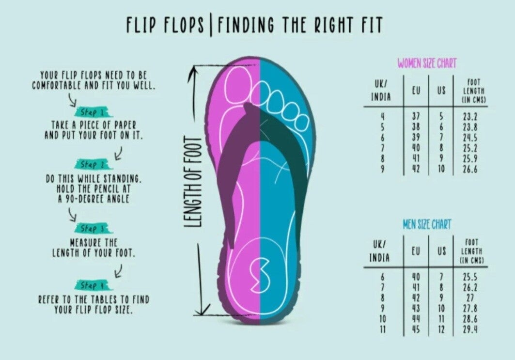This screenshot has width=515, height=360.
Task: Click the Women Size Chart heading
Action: [427, 63]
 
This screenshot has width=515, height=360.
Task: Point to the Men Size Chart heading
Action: [427, 224]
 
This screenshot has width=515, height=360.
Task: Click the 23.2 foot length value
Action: [470, 117]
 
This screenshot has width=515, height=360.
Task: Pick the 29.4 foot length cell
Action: [470, 330]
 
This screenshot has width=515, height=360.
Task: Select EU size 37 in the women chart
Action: [416, 117]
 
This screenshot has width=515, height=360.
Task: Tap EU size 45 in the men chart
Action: [416, 330]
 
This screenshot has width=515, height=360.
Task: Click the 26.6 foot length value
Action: [470, 170]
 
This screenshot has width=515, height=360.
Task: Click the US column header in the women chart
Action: [441, 90]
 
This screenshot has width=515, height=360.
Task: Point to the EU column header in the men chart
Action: [416, 251]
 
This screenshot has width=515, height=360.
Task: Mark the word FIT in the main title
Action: [371, 25]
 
